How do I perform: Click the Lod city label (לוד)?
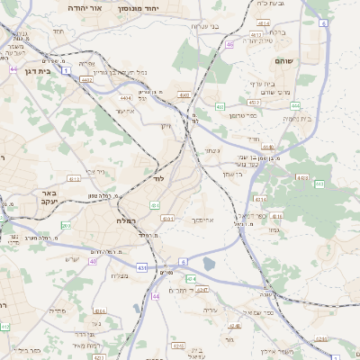pos(158,179)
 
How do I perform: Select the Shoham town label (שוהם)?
pos(287,60)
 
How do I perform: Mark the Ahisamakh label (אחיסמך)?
pos(202,219)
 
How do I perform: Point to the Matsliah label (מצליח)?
pos(118,275)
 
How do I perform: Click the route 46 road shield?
pos(230,44)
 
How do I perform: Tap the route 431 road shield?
pos(141,267)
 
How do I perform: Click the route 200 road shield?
pos(67,225)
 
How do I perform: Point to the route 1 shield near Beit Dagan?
pos(66,69)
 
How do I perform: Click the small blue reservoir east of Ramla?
pos(209,264)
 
